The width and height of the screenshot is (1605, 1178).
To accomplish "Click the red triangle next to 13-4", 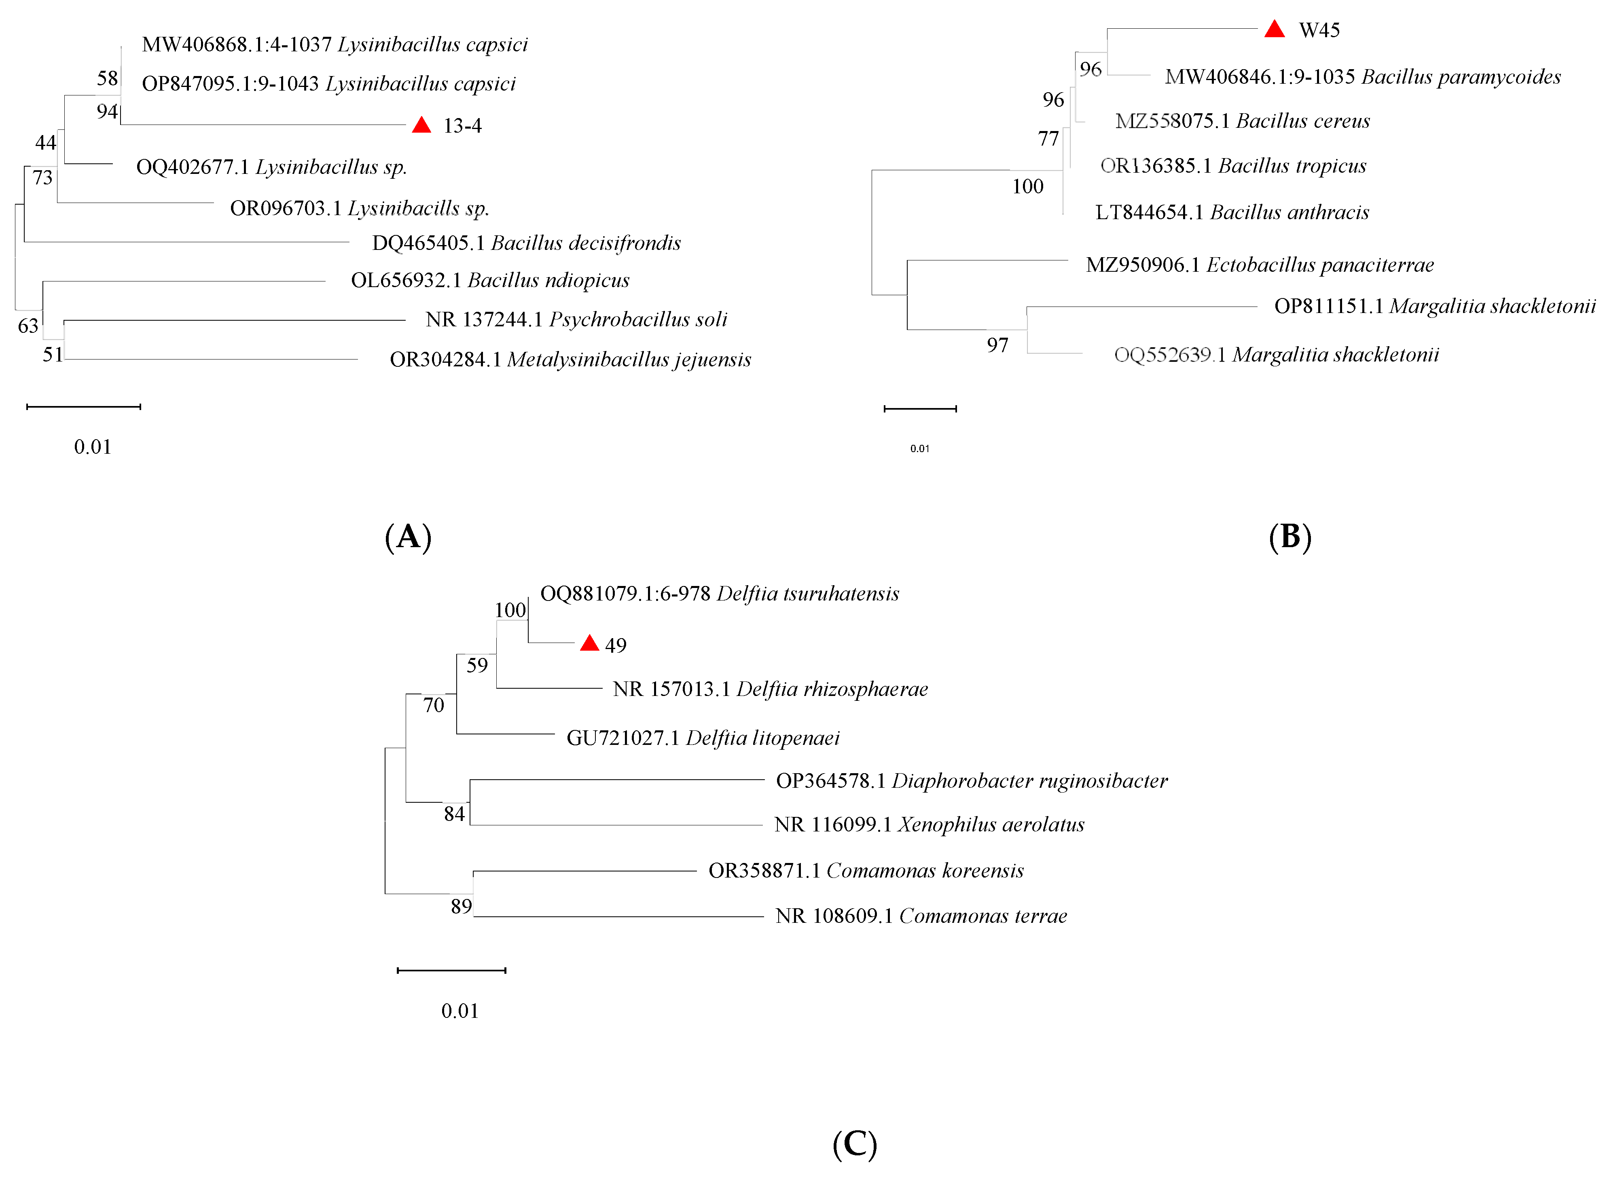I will coord(421,125).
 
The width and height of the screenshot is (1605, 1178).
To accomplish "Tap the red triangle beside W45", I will coord(1274,29).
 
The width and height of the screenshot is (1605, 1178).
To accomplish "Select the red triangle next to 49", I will coord(589,643).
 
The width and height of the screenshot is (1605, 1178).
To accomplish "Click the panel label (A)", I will coord(408,536).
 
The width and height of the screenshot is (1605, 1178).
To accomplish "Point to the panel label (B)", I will coord(1290,536).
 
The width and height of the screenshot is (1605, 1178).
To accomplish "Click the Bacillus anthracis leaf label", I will coord(1232,212).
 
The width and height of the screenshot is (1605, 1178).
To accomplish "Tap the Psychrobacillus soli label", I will coord(576,319).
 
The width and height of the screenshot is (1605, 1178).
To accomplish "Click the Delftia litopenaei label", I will coord(703,738).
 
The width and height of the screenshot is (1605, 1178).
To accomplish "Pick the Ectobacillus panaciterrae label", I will coord(1259,265).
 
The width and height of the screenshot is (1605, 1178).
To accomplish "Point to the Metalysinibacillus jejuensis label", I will coord(570,360).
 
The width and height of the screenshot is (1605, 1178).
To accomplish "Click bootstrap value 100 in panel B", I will coord(1027,187).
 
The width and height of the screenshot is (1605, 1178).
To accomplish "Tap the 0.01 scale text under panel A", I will coord(93,447).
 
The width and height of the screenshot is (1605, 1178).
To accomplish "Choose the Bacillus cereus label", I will coord(1242,121).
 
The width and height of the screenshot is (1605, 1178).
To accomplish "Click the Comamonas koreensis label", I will coord(866,871).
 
